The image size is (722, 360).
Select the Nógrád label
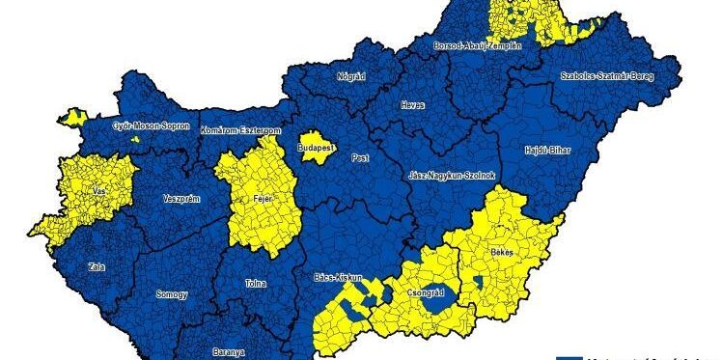coord(350,75)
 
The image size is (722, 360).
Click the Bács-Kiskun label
coord(338,278)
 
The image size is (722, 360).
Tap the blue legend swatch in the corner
coord(570,356)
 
